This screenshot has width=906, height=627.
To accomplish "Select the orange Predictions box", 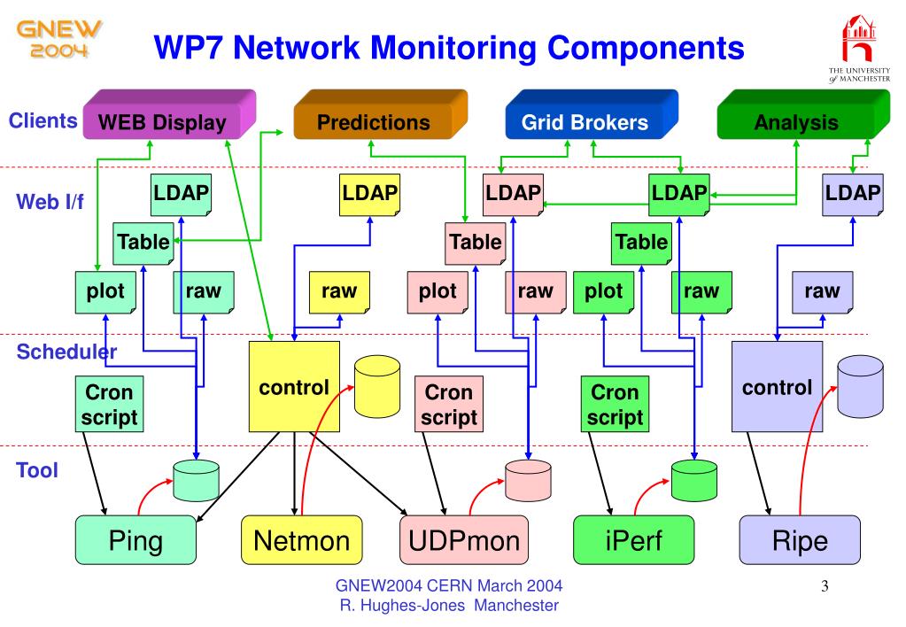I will click(x=374, y=122).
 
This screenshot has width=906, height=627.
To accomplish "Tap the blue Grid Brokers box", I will click(x=585, y=122).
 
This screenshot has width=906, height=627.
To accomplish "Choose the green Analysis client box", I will click(x=795, y=122).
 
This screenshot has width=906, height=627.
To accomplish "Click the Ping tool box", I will click(x=136, y=539).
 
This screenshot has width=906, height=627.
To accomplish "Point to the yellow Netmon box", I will click(x=302, y=539).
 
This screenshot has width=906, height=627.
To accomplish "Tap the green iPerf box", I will click(x=633, y=539).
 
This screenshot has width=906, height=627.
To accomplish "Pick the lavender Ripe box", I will click(x=800, y=539).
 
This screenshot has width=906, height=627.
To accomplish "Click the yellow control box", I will click(x=293, y=386).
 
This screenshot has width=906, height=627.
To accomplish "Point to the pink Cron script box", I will click(x=449, y=404).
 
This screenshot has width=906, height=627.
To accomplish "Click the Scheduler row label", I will click(x=66, y=352).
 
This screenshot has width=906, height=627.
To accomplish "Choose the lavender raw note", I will click(x=821, y=291).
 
